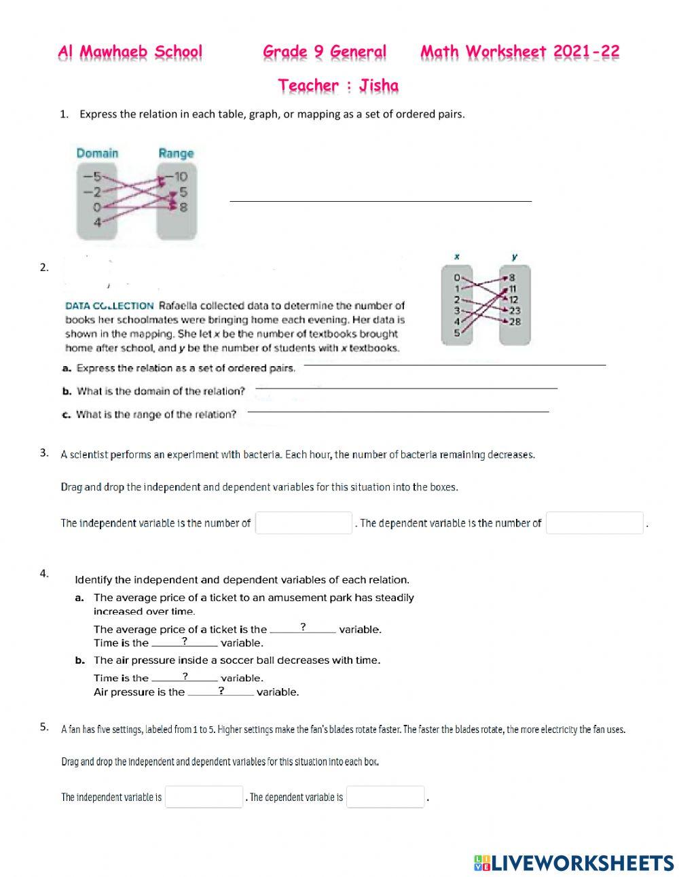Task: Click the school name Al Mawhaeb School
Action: click(130, 52)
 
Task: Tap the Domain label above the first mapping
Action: click(97, 154)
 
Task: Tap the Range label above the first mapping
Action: click(176, 154)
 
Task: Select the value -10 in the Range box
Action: click(179, 177)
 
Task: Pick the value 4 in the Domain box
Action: click(97, 222)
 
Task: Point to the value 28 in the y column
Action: click(515, 322)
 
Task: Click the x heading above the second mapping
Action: click(457, 257)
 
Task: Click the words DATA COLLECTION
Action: click(109, 306)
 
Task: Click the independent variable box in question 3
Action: click(304, 523)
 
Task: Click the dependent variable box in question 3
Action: click(594, 523)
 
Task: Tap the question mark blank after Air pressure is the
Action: click(221, 691)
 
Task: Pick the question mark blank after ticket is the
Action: click(303, 628)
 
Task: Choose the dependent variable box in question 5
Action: click(385, 797)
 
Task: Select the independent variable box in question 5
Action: click(204, 797)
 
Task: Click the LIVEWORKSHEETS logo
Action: click(574, 863)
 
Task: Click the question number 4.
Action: click(44, 573)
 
